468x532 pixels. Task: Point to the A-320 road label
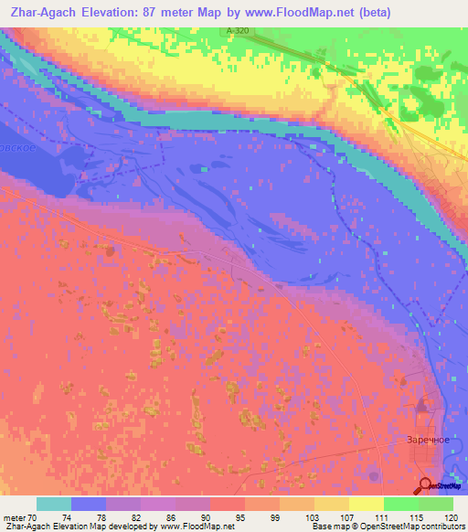(x=236, y=31)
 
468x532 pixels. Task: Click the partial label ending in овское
(x=18, y=147)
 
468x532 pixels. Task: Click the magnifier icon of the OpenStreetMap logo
(x=424, y=486)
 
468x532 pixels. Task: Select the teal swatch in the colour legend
(x=54, y=504)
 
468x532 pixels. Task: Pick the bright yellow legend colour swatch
(x=366, y=504)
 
